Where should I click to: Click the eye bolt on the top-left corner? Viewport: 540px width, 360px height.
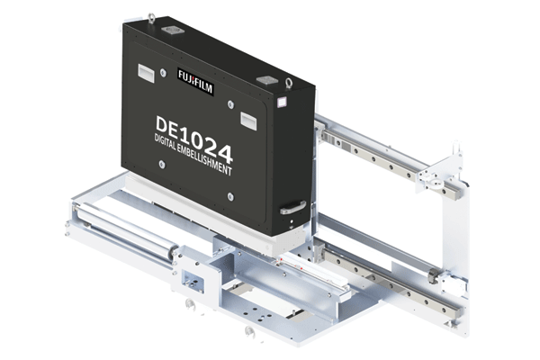pos(150,17)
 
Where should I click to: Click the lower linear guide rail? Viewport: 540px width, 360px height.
pos(387,275)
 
